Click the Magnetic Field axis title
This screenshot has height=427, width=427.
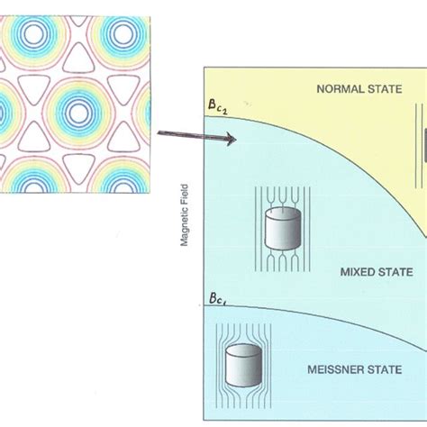click(x=185, y=213)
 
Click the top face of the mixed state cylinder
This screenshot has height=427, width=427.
click(x=282, y=214)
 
